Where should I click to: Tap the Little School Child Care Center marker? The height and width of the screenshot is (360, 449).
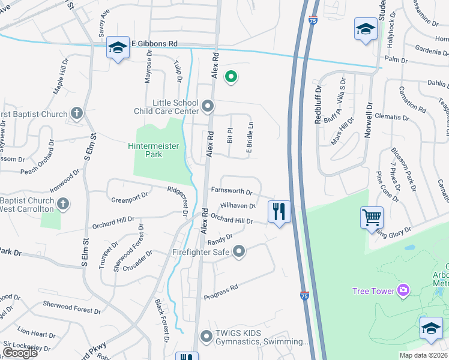[208, 107]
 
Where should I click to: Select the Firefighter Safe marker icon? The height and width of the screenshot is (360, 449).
[239, 251]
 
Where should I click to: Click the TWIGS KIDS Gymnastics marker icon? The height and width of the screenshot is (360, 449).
[206, 337]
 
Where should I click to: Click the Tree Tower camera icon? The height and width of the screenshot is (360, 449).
[403, 291]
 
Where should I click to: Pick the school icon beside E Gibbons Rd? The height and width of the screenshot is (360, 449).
[118, 47]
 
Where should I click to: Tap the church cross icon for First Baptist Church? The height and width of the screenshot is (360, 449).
[76, 113]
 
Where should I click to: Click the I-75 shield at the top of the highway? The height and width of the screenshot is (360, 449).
[313, 20]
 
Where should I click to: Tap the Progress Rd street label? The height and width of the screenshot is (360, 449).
[221, 292]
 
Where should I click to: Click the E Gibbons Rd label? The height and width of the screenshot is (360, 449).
[154, 44]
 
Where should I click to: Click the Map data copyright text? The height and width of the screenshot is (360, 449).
[423, 355]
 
